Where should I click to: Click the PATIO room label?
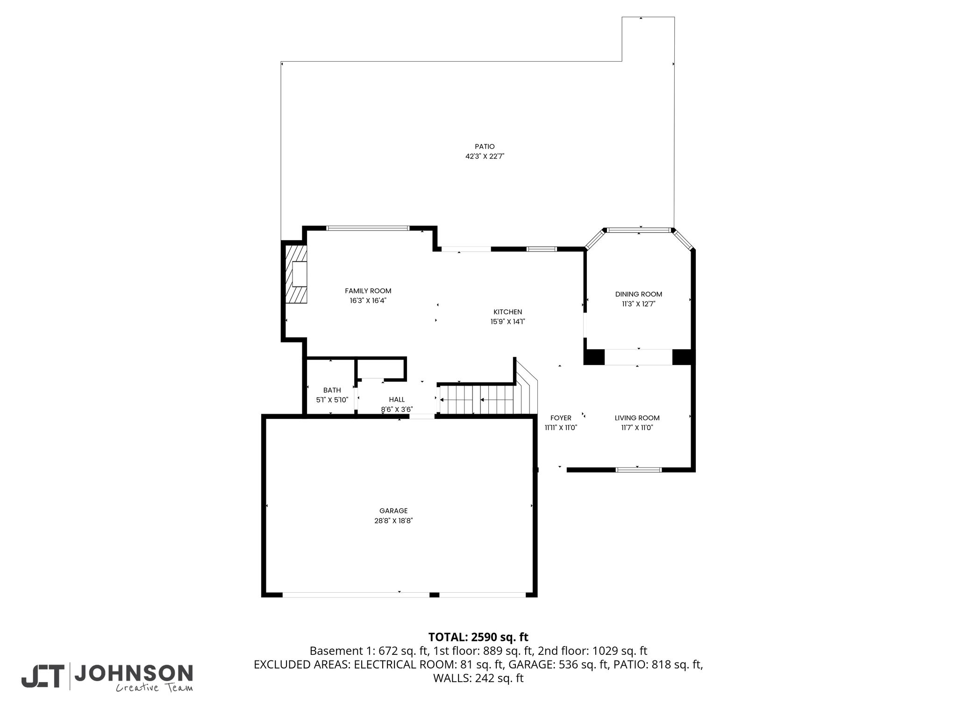point(485,147)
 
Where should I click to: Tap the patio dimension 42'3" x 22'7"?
point(485,157)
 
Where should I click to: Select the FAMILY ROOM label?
point(368,291)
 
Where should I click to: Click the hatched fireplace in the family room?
point(297,274)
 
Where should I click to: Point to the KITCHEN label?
point(507,312)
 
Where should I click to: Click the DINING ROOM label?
point(638,294)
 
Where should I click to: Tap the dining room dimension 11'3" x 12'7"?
point(638,304)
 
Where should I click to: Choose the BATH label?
point(332,390)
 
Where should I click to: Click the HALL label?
point(397,400)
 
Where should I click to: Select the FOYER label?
point(561,418)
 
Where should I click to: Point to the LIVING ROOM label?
point(637,418)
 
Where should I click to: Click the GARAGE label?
point(393,511)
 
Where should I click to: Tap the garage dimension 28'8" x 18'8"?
point(393,521)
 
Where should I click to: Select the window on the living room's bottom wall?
point(638,469)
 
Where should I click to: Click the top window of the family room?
point(368,228)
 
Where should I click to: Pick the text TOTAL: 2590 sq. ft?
point(478,637)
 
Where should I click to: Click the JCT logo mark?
point(42,676)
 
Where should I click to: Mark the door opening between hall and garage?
point(422,416)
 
